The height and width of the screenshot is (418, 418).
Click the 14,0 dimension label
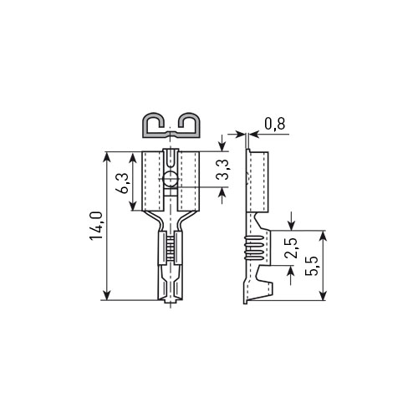pyautogui.click(x=96, y=226)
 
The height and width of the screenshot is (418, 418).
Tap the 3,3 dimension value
pyautogui.click(x=223, y=169)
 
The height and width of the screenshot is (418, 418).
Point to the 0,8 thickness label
pyautogui.click(x=275, y=124)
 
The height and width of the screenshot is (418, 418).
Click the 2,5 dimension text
pyautogui.click(x=293, y=248)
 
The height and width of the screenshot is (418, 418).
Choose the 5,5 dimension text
pyautogui.click(x=311, y=266)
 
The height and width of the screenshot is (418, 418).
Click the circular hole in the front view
pyautogui.click(x=171, y=179)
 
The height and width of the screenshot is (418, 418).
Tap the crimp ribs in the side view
pyautogui.click(x=254, y=247)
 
